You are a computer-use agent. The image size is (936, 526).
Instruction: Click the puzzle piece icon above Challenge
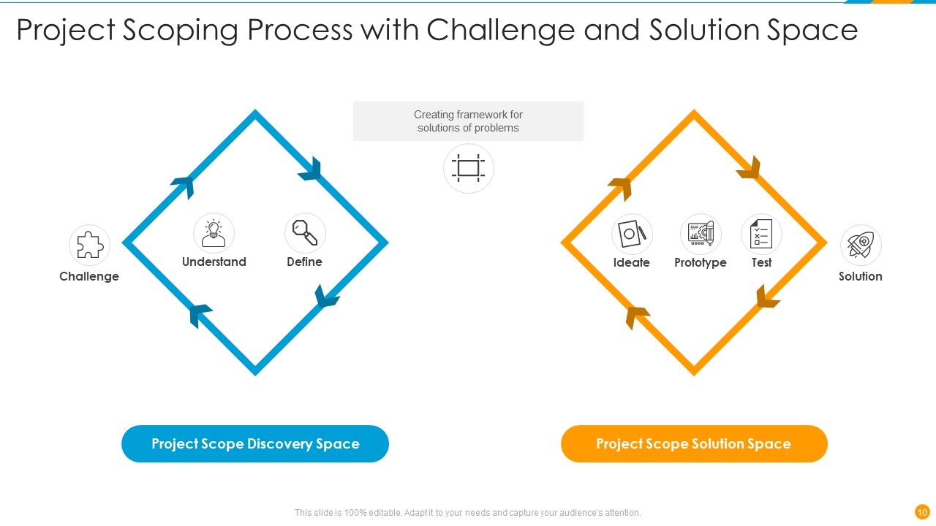pos(89,245)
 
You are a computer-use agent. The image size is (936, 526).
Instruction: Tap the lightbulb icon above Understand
pos(214,234)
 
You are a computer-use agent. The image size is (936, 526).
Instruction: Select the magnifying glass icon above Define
pos(305,233)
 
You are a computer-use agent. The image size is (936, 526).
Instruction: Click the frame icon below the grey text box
pos(468,168)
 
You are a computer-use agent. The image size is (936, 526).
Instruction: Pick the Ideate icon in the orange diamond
pos(632,235)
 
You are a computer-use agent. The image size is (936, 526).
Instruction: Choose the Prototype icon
pos(701,235)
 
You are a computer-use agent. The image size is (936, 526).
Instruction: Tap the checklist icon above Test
pos(761,235)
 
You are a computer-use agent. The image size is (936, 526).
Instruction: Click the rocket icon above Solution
pos(861,245)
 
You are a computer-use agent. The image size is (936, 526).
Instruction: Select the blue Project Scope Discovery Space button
pos(254,443)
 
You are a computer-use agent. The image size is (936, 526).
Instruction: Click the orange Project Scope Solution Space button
pos(693,443)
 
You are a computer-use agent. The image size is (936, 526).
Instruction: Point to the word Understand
pos(214,262)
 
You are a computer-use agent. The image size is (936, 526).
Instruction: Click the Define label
pos(304,262)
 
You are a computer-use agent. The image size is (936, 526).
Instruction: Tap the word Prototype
pos(701,262)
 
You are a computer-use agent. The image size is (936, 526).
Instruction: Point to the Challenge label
pos(88,276)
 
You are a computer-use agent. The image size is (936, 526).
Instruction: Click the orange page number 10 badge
pos(922,511)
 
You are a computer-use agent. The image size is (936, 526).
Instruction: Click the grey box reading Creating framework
pos(468,121)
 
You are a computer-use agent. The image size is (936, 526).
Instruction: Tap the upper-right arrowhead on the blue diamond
pos(312,169)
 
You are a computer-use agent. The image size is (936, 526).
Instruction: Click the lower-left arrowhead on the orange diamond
pos(636,316)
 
